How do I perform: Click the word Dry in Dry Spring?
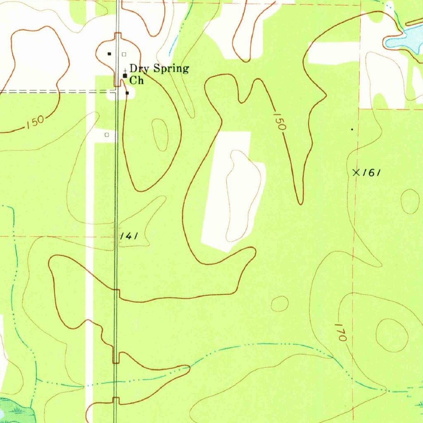[139, 69]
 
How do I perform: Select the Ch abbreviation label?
[137, 81]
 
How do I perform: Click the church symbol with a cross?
[125, 75]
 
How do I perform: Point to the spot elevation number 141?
[129, 236]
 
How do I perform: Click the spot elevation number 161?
[371, 173]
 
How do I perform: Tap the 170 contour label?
[340, 332]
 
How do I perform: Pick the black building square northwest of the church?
[109, 54]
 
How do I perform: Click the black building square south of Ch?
[127, 93]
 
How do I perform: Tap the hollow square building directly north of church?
[124, 54]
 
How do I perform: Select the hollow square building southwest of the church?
[107, 135]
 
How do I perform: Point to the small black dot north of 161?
[352, 129]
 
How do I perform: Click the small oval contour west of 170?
[280, 304]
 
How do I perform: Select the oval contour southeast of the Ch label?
[160, 135]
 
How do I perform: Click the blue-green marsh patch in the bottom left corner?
[14, 411]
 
